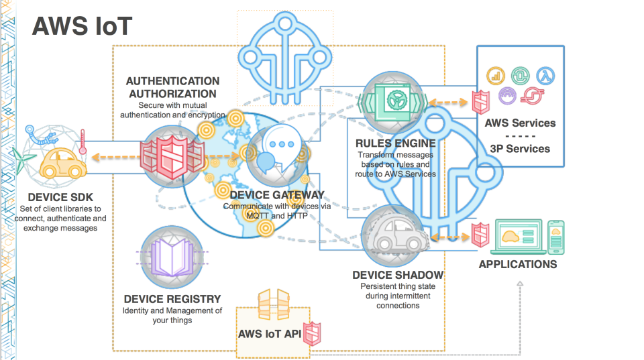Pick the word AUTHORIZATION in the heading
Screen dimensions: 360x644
pos(172,94)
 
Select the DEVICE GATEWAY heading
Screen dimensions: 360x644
pos(277,195)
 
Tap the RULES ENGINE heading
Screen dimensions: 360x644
pos(396,143)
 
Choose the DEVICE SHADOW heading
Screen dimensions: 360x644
pos(398,275)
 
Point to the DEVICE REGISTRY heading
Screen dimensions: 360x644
pos(172,299)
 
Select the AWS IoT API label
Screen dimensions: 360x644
pos(269,333)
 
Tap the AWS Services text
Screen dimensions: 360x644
pos(521,123)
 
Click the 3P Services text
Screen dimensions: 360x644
pos(521,149)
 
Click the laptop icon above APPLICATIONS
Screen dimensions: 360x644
pos(518,235)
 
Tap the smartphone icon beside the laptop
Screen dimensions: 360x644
pos(556,235)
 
